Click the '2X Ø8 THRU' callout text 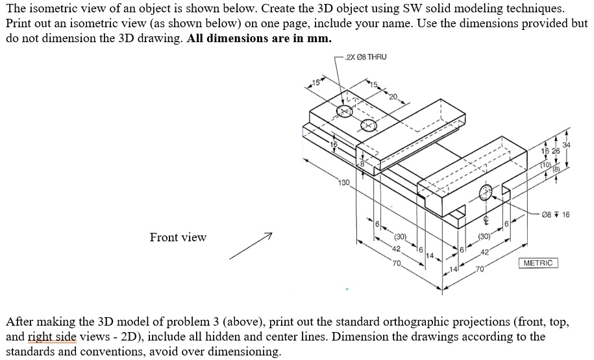[367, 57]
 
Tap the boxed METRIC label [538, 263]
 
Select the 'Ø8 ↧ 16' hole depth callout [556, 215]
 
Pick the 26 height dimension [555, 151]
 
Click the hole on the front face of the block [486, 192]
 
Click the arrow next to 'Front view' [250, 246]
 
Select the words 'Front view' [178, 237]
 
